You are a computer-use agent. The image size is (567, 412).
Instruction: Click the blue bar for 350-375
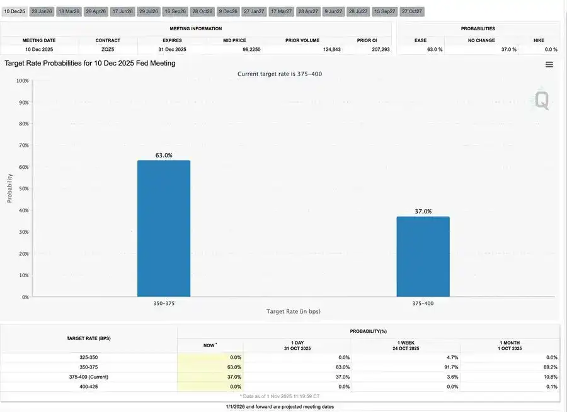pyautogui.click(x=164, y=228)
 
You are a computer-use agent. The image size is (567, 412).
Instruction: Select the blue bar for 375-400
pyautogui.click(x=423, y=256)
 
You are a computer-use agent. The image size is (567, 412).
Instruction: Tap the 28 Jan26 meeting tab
pyautogui.click(x=42, y=12)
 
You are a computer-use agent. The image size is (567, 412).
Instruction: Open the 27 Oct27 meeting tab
pyautogui.click(x=412, y=12)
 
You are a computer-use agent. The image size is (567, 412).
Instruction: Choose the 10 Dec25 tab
pyautogui.click(x=14, y=12)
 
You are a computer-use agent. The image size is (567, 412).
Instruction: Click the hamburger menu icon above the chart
pyautogui.click(x=549, y=64)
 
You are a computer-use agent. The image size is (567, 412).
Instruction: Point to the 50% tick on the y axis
pyautogui.click(x=23, y=188)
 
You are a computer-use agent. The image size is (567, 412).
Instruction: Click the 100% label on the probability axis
pyautogui.click(x=22, y=81)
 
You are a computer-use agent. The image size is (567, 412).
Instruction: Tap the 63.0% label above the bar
pyautogui.click(x=164, y=155)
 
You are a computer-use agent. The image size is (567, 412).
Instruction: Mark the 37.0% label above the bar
pyautogui.click(x=423, y=212)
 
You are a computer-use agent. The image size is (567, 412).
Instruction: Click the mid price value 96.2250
pyautogui.click(x=251, y=49)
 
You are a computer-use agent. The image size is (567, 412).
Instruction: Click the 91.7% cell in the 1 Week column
pyautogui.click(x=449, y=367)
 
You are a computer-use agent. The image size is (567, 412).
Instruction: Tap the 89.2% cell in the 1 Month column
pyautogui.click(x=550, y=367)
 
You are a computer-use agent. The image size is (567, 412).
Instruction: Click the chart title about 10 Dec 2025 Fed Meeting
pyautogui.click(x=90, y=64)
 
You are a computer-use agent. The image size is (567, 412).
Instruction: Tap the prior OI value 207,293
pyautogui.click(x=377, y=49)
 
